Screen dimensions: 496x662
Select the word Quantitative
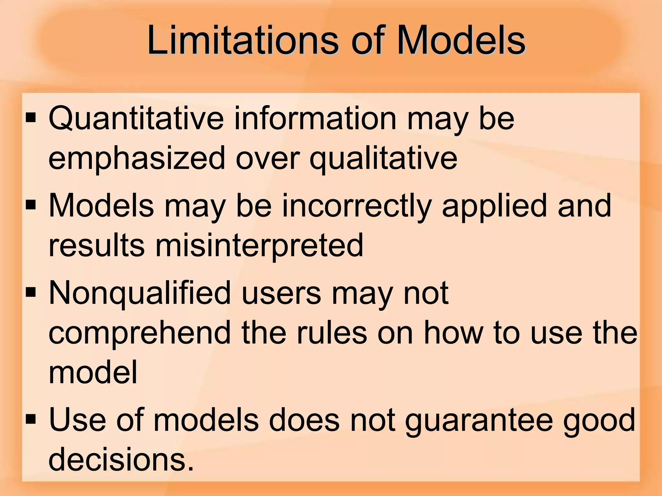(x=136, y=119)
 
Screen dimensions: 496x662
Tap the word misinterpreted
(x=260, y=245)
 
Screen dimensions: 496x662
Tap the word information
(x=315, y=119)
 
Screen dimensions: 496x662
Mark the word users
(x=281, y=293)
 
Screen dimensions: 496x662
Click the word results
(x=96, y=245)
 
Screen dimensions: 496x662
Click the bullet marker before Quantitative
(x=31, y=118)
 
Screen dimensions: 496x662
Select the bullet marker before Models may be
(x=31, y=205)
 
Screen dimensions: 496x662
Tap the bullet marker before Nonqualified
(x=31, y=293)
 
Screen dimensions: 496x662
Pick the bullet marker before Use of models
(x=31, y=419)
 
